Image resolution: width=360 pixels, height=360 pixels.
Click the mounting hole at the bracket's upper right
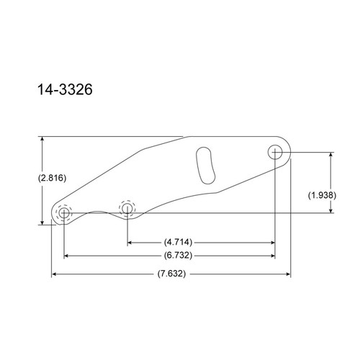coord(275,152)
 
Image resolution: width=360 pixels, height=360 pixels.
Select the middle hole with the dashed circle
coord(127,209)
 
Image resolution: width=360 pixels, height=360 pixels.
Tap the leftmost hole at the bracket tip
coord(63,214)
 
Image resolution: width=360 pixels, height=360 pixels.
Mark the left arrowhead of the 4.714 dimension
coord(130,242)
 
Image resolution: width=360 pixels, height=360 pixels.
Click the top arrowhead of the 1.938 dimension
coord(330,155)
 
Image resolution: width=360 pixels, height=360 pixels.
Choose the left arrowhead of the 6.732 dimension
coord(66,255)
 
